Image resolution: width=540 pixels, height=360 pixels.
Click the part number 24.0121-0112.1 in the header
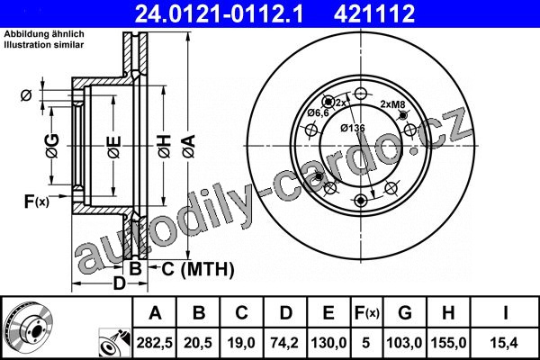(219, 13)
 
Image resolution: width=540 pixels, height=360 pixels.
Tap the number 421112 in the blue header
(374, 13)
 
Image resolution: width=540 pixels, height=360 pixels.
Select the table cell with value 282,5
(155, 343)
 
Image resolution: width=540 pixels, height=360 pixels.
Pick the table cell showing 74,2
(285, 343)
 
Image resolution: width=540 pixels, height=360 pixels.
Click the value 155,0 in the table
(448, 343)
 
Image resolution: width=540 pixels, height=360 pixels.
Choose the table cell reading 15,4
(505, 343)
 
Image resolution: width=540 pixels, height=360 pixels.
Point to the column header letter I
(505, 313)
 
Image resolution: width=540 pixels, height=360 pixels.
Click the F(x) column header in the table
(367, 313)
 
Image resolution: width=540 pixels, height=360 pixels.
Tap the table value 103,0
(405, 343)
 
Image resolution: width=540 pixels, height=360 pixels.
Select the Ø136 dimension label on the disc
(353, 128)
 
